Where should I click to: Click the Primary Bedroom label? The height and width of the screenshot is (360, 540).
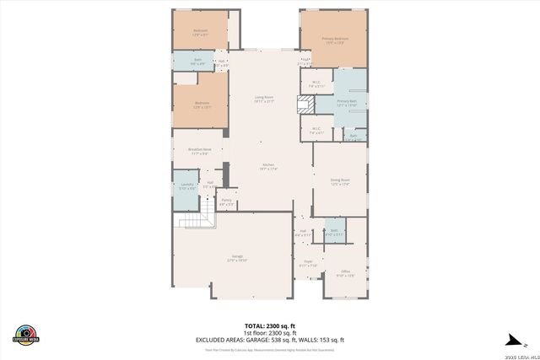click(x=335, y=40)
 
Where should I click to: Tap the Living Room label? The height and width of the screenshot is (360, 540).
click(x=264, y=99)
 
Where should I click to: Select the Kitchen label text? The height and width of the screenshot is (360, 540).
click(x=269, y=166)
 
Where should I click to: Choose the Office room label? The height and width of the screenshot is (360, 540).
click(x=345, y=273)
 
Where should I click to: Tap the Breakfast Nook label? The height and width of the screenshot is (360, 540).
click(x=200, y=151)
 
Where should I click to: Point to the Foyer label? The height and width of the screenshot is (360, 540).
click(x=308, y=263)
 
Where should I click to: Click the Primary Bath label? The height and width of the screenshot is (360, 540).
click(x=348, y=103)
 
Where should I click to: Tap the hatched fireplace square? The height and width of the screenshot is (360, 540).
click(x=305, y=104)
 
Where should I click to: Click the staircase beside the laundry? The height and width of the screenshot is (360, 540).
click(x=195, y=220)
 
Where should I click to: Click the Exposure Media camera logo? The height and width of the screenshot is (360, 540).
click(x=27, y=332)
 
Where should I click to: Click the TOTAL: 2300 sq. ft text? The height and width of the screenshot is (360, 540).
click(x=270, y=325)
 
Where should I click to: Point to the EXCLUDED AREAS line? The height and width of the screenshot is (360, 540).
click(x=270, y=340)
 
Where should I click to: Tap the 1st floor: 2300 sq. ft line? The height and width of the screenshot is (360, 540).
click(x=270, y=333)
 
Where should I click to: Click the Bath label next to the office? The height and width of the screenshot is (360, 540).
click(x=335, y=231)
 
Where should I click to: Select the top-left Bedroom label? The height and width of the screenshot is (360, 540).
click(x=200, y=32)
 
